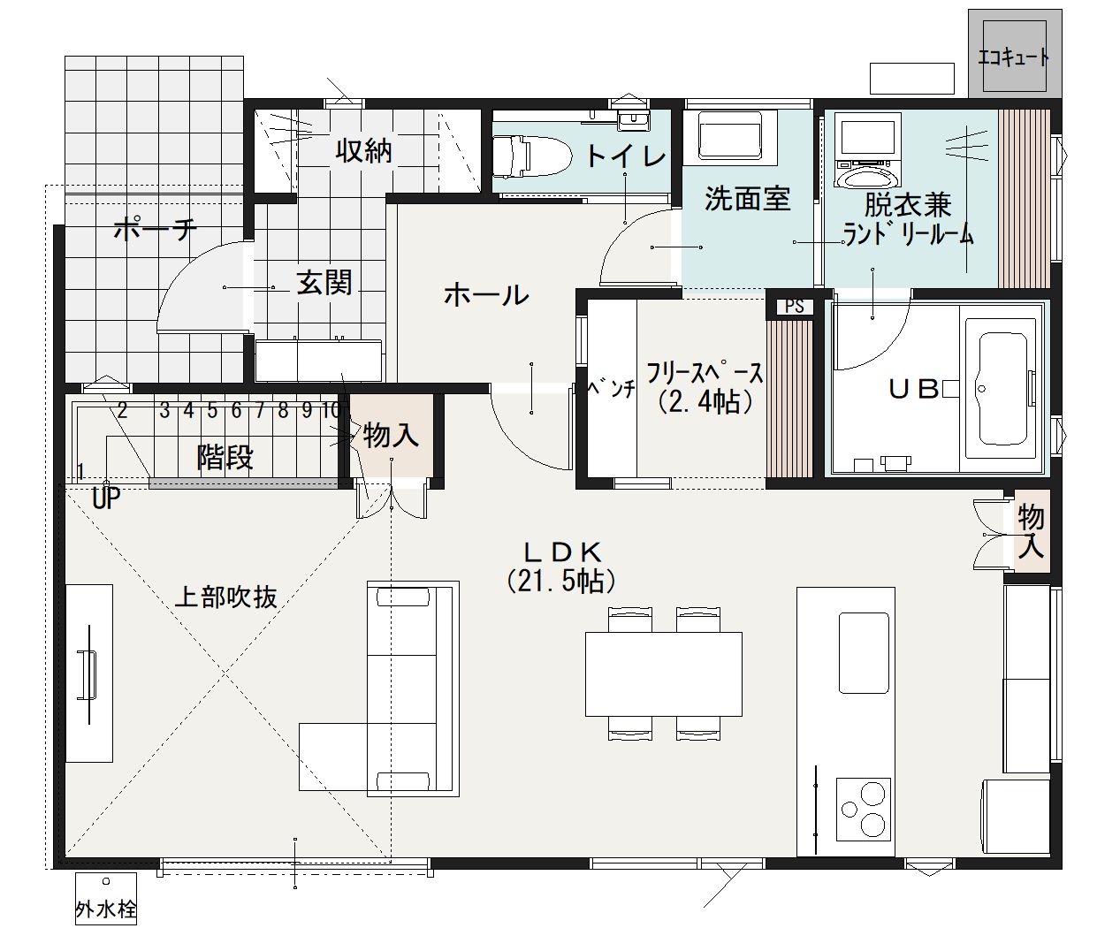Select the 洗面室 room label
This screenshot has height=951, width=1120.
[x=748, y=198]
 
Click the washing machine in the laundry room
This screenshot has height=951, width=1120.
[x=868, y=150]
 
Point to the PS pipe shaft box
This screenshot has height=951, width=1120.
[x=794, y=306]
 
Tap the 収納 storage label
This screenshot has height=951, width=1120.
[x=363, y=150]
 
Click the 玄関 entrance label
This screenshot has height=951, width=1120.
[x=324, y=282]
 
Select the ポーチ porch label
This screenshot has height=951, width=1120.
[x=156, y=229]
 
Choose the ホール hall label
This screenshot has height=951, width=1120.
[x=486, y=295]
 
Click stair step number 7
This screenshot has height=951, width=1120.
[x=260, y=410]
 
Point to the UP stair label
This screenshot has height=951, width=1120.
[x=106, y=498]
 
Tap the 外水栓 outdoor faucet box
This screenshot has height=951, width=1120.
[x=106, y=899]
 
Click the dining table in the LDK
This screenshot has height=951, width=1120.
[x=663, y=673]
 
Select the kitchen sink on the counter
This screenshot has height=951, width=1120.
[x=864, y=653]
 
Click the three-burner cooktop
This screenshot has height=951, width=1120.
[x=863, y=808]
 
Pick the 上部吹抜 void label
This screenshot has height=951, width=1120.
[x=226, y=597]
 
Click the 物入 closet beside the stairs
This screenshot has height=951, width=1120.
[x=391, y=435]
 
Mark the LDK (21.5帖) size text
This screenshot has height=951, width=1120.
[x=561, y=567]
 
